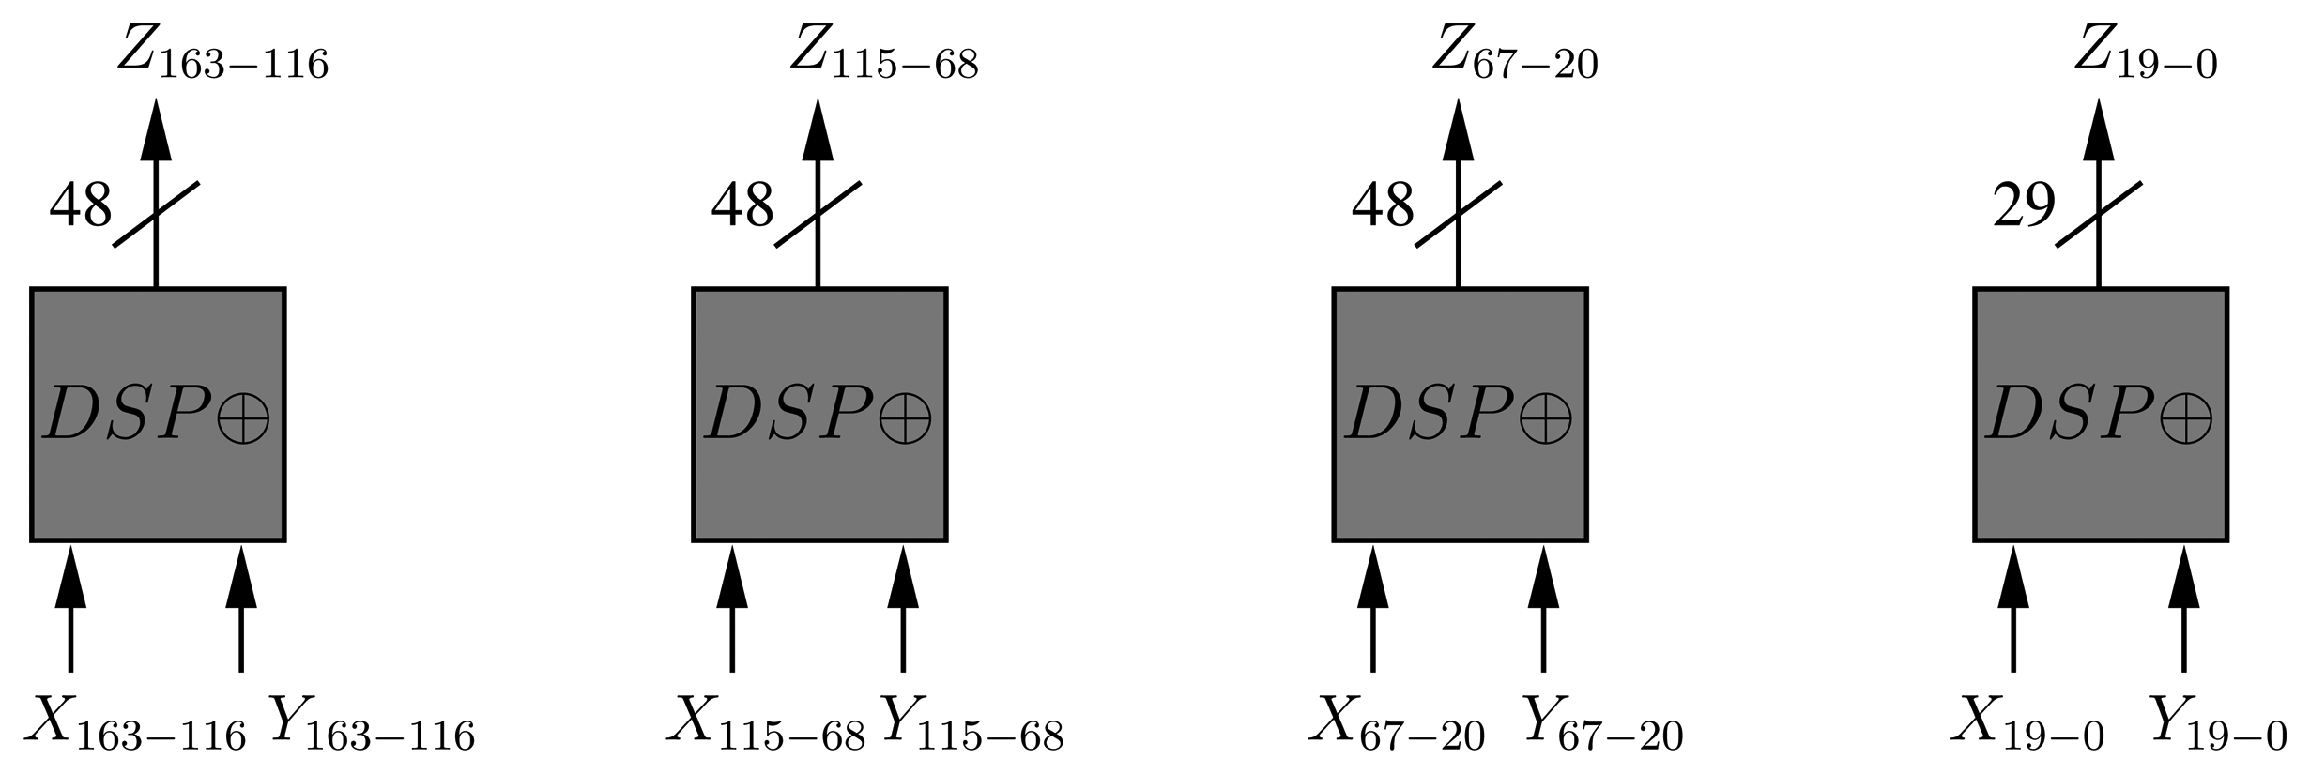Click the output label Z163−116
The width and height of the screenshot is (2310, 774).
click(222, 53)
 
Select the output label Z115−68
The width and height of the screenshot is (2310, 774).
click(883, 53)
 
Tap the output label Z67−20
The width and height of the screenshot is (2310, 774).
click(1514, 53)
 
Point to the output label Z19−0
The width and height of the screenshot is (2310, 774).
click(2145, 53)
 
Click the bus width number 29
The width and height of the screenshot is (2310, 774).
click(2024, 205)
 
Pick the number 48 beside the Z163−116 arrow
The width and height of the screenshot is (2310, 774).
click(81, 205)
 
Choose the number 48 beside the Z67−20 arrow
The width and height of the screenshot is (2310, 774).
click(1382, 205)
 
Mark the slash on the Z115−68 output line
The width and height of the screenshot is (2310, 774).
click(818, 214)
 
